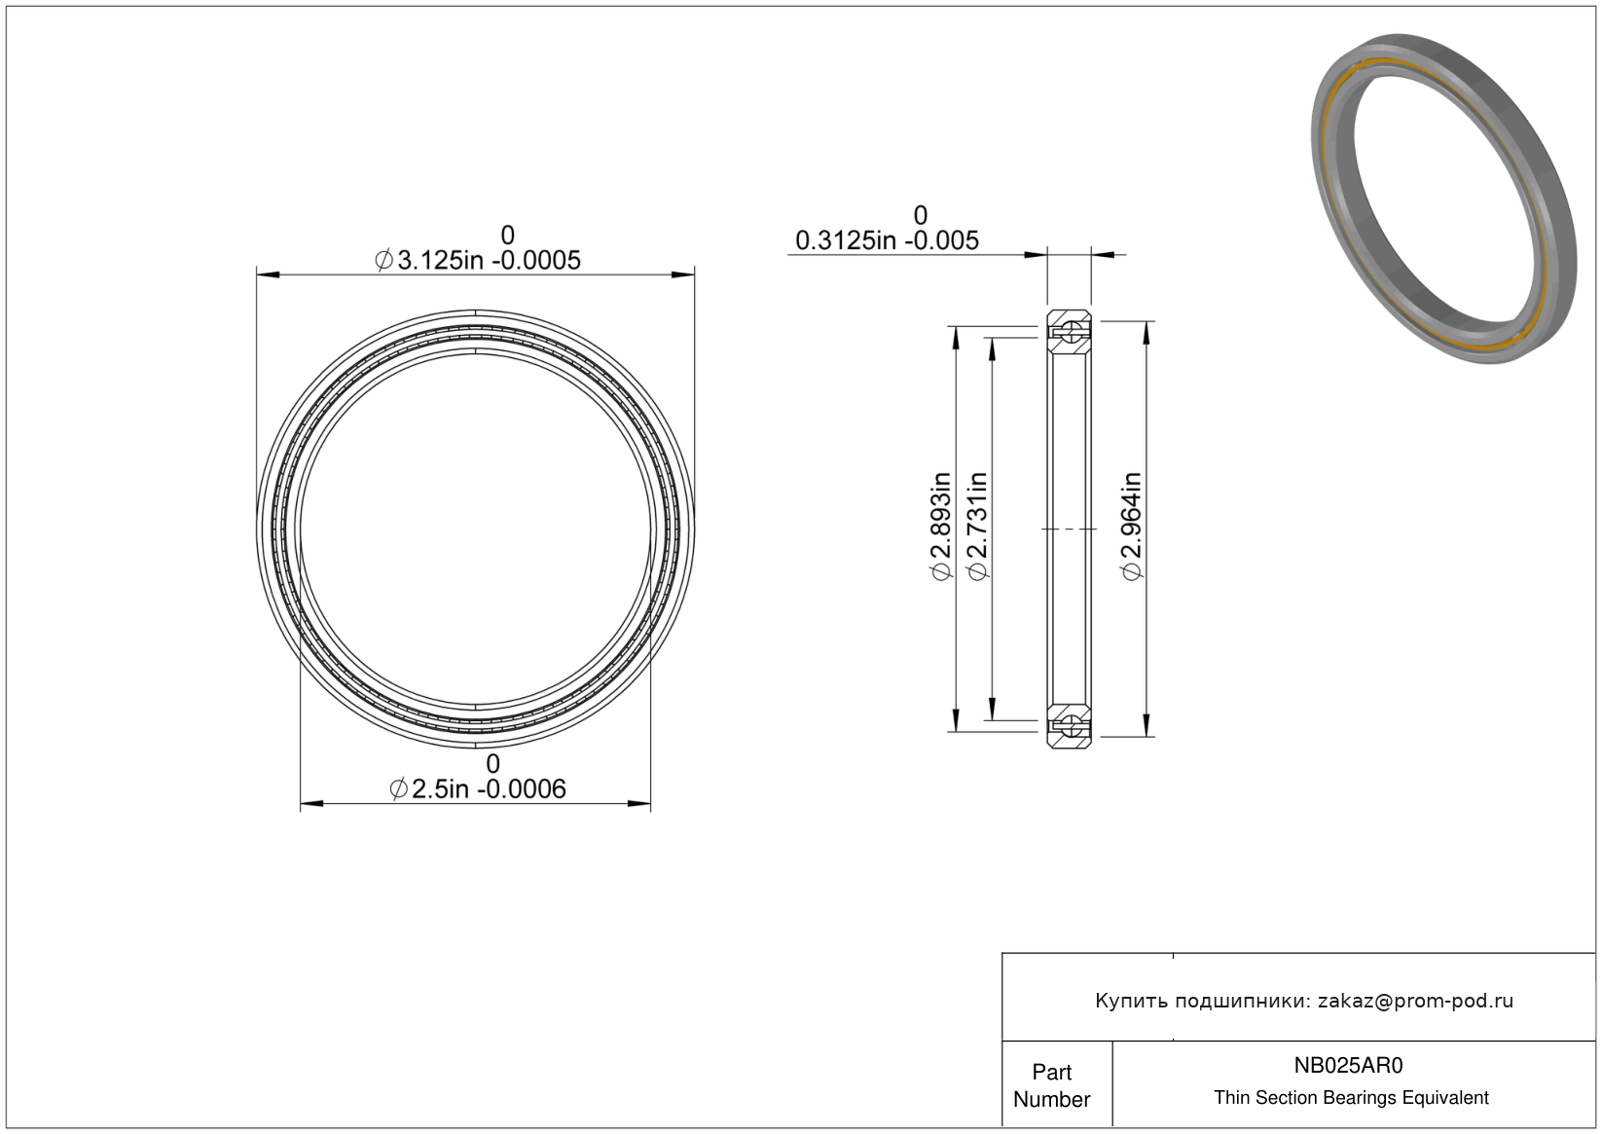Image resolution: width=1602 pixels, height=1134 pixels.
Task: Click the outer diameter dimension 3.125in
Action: (478, 261)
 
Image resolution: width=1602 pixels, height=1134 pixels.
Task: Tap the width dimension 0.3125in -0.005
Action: (887, 240)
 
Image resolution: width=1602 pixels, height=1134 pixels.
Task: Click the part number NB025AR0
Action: (1348, 1066)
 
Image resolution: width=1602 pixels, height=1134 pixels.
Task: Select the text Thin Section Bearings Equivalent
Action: (1351, 1098)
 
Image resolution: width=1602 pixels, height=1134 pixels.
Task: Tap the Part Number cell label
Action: (1051, 1085)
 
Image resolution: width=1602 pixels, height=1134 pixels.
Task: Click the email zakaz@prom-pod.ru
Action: (1415, 1001)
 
